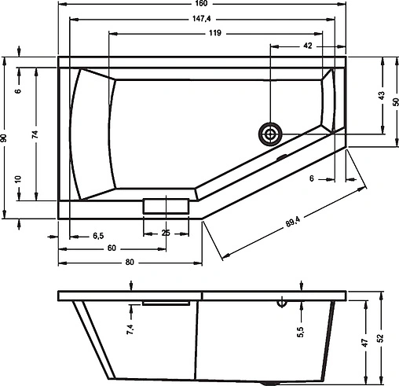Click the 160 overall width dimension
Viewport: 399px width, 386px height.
click(203, 7)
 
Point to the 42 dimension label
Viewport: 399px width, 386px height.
click(307, 46)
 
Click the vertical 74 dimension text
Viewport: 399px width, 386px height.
click(35, 134)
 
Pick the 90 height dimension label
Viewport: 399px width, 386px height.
click(5, 138)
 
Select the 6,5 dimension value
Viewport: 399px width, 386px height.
click(99, 235)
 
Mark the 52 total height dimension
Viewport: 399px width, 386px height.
click(381, 337)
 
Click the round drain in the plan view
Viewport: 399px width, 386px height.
click(271, 134)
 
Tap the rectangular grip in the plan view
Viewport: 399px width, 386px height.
click(166, 206)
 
